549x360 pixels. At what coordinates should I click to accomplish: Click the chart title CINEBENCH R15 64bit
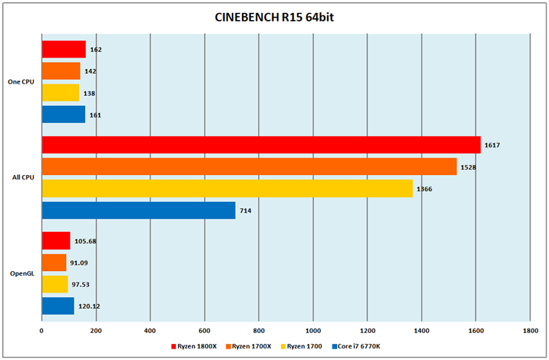[274, 17]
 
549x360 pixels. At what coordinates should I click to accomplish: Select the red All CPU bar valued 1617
[261, 144]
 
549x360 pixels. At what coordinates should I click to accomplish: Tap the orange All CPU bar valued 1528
[249, 167]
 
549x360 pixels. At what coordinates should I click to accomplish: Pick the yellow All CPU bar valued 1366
[227, 188]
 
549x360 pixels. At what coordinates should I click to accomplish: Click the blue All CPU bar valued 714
[138, 210]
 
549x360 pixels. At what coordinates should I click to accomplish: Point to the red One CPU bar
[64, 49]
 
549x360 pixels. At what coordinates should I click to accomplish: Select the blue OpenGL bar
[58, 306]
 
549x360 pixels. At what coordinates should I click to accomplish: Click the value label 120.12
[90, 306]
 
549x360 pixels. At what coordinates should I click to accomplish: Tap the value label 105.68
[85, 241]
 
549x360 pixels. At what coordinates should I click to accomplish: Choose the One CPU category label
[21, 82]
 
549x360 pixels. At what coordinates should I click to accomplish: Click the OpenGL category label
[21, 273]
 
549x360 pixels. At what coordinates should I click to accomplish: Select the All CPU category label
[21, 178]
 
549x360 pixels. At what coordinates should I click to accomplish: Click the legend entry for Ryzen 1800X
[194, 346]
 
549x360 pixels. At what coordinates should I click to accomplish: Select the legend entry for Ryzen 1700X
[250, 346]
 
